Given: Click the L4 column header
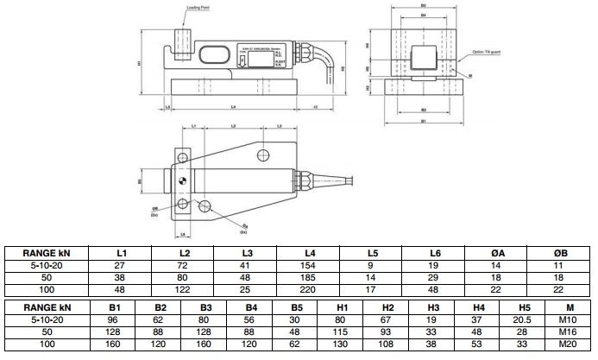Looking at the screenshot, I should click(309, 252).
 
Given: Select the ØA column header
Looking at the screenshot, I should click(497, 252).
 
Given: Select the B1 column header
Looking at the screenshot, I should click(114, 307).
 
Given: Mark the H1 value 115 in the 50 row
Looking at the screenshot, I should click(342, 331).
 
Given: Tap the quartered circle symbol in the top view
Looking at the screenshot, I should click(184, 180).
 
